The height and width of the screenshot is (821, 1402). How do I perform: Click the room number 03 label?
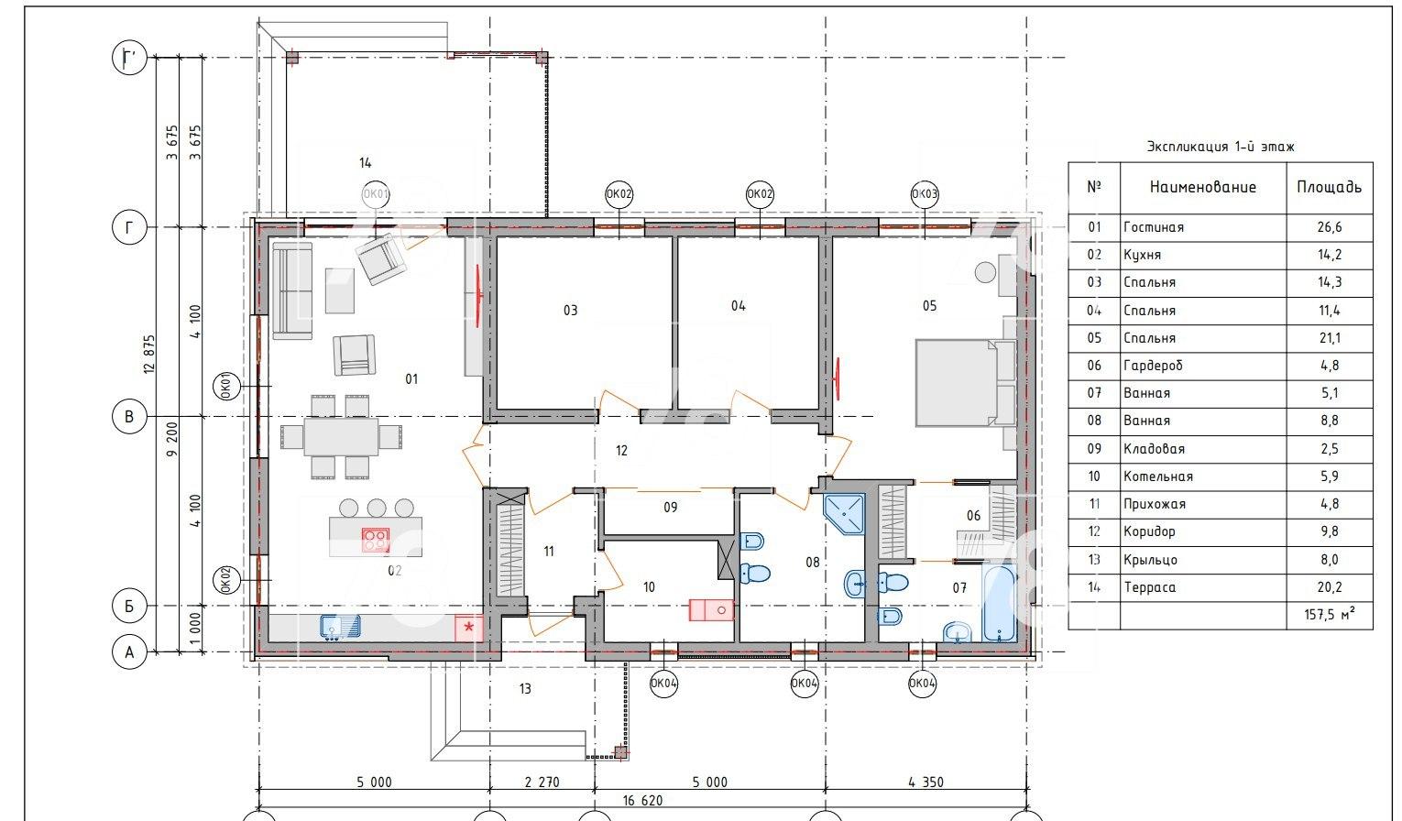570,311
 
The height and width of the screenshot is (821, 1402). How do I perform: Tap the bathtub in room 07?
999,603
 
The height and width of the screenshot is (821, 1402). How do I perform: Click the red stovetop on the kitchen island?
376,540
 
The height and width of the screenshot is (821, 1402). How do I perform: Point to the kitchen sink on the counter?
340,627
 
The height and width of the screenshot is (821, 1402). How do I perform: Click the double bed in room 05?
965,383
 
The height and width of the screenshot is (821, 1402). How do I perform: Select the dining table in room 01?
341,437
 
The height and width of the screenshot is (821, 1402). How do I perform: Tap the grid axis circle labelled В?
129,417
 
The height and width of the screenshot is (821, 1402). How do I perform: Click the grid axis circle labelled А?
129,652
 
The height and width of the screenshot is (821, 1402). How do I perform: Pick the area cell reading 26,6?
1330,227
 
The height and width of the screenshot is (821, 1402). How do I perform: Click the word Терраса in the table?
1150,587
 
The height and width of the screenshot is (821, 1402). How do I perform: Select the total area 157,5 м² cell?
1330,615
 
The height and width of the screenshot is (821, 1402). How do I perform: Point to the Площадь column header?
1329,187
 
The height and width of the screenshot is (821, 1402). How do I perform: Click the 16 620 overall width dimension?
642,800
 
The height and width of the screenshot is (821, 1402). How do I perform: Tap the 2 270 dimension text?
542,783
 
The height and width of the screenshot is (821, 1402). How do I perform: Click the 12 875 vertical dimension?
149,355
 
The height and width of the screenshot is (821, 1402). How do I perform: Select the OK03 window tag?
925,194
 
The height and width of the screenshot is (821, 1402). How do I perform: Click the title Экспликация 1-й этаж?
1221,147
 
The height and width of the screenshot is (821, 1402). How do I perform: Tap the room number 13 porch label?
525,689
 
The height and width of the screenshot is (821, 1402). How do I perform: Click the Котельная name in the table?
1158,476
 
